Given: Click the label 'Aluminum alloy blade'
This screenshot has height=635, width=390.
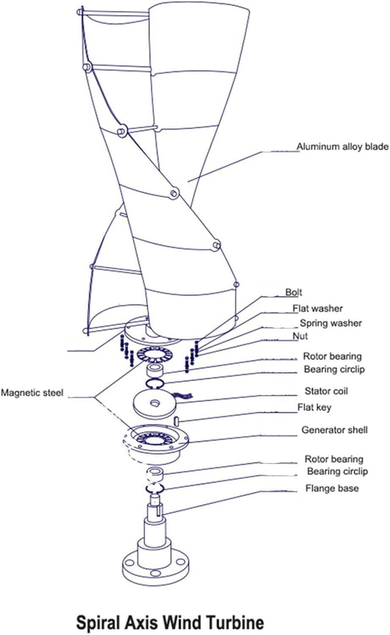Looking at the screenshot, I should [342, 146].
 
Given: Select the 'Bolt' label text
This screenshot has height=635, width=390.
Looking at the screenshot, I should [294, 292].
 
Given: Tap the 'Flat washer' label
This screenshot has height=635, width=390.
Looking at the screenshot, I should [318, 308].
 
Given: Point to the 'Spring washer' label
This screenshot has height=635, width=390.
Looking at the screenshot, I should [331, 323].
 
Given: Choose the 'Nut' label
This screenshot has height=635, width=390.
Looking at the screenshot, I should [300, 336].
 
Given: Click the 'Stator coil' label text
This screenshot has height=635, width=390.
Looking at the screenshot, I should [326, 391].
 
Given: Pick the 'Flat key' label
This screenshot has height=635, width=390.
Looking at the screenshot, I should [314, 407].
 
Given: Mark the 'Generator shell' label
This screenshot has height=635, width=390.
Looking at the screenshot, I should [334, 430].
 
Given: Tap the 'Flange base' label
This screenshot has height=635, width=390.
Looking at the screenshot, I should [332, 489].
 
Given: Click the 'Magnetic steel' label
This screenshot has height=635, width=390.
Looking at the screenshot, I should [32, 393].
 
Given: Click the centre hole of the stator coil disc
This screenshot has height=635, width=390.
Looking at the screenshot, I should [154, 403].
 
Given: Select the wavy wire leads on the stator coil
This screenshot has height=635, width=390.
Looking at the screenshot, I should [185, 396].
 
